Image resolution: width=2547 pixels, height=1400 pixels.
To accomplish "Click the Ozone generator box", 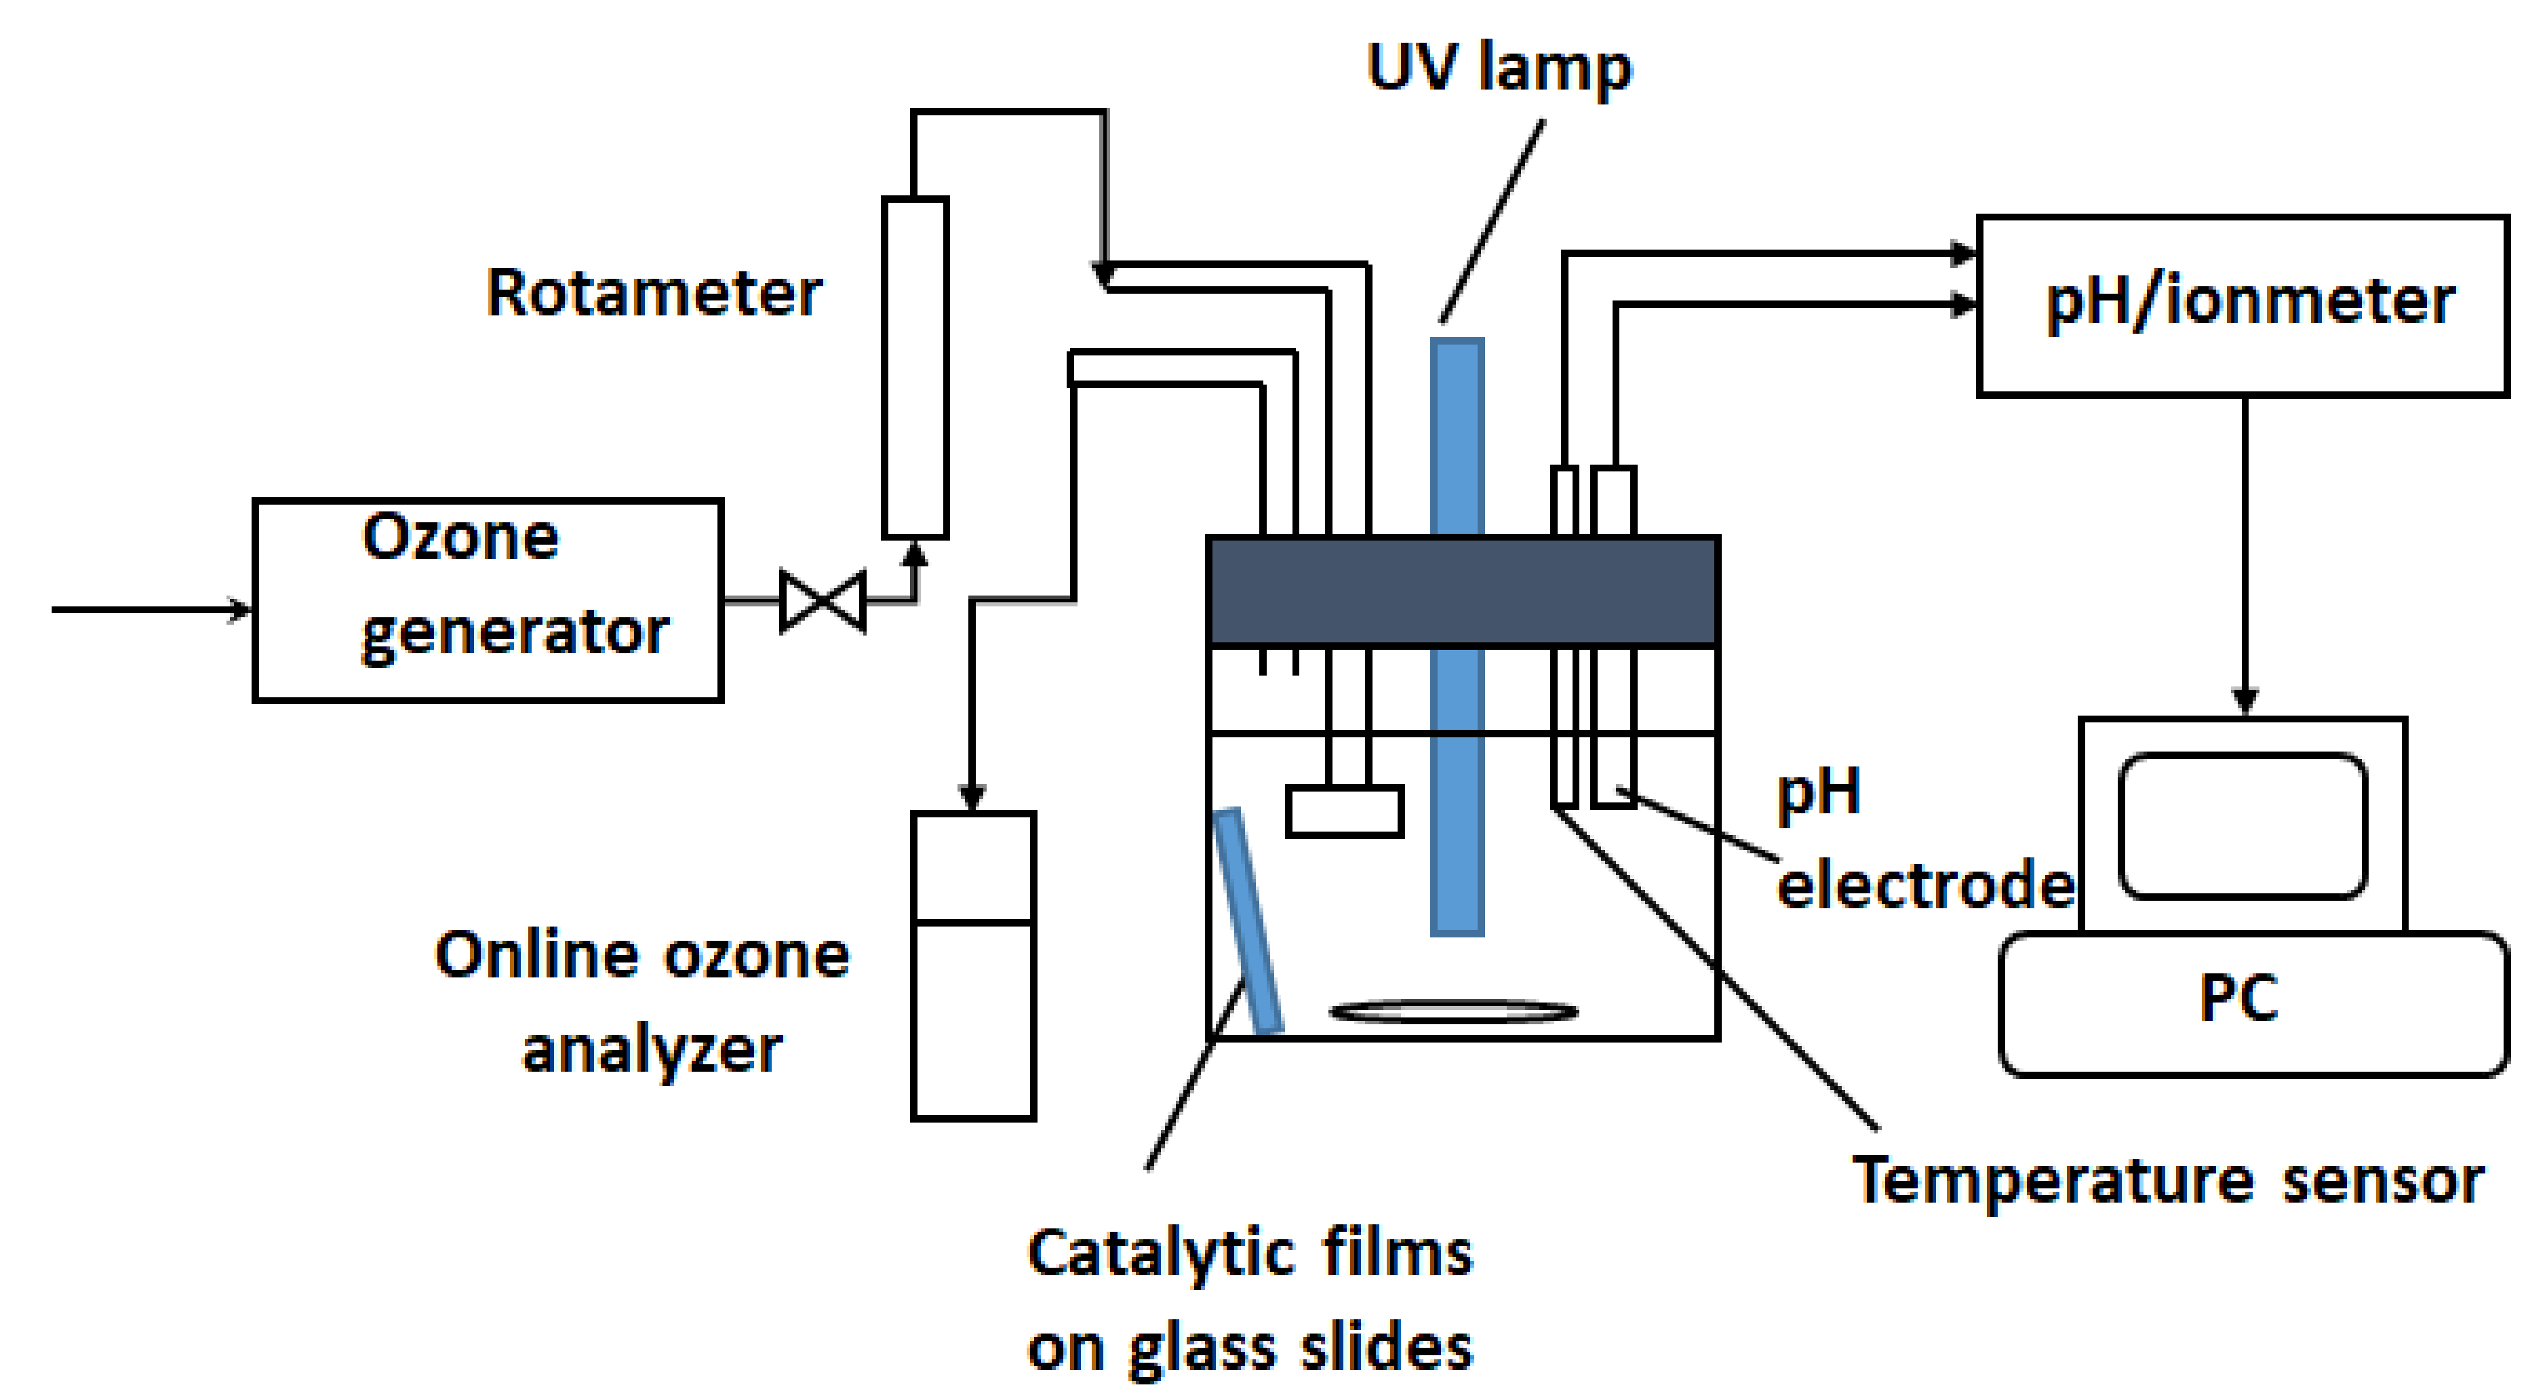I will point(488,600).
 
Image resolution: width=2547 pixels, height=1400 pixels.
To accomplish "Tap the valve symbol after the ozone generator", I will point(823,600).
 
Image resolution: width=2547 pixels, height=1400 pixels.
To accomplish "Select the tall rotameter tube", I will point(915,368).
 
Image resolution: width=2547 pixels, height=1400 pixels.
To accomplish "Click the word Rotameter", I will point(654,294).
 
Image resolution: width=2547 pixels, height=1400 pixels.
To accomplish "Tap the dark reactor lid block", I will point(1463,591).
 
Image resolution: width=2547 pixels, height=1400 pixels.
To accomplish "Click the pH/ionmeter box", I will point(2243,305).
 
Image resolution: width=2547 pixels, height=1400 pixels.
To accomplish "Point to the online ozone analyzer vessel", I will point(973,965).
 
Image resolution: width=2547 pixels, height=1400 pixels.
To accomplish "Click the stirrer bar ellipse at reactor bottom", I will point(1453,1011).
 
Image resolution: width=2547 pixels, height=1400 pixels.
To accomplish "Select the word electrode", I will point(1924,884).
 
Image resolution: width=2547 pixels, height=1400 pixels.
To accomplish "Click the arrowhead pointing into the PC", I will point(2245,700).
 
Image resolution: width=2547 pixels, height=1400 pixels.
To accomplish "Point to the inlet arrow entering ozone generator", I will point(149,609).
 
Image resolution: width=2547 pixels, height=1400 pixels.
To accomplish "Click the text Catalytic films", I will point(1250,1253).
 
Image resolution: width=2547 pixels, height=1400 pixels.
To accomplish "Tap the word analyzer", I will point(652,1050).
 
